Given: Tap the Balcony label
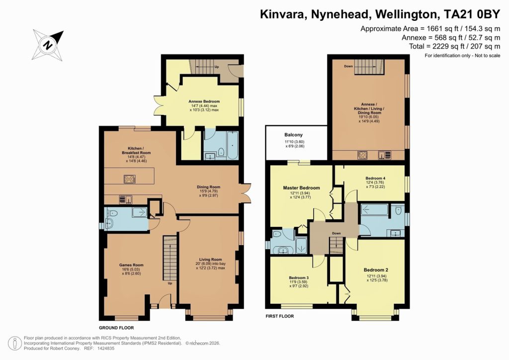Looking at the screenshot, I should pos(293,135).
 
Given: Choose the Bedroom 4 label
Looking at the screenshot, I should pos(375,178).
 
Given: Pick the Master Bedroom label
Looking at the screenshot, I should pos(301,188).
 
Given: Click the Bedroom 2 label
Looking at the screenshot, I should pos(376,270).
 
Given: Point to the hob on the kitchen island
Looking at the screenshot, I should pos(129,180).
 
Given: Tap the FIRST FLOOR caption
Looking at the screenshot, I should pos(280,316).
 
